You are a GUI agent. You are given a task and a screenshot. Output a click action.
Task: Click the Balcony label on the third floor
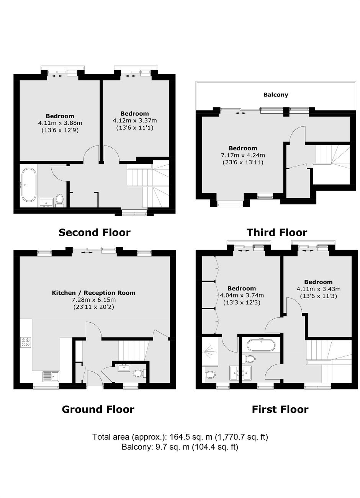tap(275, 95)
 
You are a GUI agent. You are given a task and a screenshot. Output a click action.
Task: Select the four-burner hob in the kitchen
tap(26, 342)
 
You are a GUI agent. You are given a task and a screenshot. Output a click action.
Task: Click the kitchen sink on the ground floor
tap(51, 376)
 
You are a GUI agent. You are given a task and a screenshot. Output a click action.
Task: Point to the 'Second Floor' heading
tap(94, 233)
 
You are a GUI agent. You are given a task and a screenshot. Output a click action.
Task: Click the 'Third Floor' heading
tap(277, 233)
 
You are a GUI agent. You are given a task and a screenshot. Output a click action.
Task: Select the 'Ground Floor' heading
tap(98, 409)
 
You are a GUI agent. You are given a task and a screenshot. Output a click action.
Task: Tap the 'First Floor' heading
tap(280, 409)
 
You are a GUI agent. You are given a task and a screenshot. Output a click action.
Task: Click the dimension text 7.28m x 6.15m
tap(93, 300)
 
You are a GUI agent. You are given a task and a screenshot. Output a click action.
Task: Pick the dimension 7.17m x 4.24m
tap(243, 155)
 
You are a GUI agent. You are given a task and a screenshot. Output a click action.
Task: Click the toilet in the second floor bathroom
tap(59, 199)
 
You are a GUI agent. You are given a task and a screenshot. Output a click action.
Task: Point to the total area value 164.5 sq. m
tap(191, 437)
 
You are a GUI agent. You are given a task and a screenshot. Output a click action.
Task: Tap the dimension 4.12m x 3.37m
tap(134, 121)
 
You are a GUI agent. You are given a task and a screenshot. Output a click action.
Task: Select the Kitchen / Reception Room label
tap(93, 293)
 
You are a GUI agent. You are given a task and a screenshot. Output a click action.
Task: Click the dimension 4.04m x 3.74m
tap(242, 296)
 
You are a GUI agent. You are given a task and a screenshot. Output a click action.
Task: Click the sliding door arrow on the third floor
tap(241, 113)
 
